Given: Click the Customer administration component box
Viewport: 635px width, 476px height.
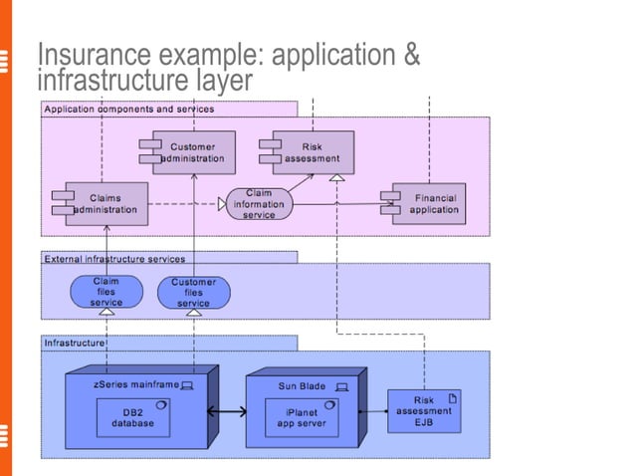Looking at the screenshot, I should point(193,152).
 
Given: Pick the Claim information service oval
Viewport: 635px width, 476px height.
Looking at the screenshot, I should point(259,204).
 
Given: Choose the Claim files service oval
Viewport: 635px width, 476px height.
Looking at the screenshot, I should point(106,292).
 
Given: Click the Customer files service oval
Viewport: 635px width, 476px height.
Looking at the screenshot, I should point(193,293).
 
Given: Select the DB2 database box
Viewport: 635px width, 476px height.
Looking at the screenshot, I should point(132,417).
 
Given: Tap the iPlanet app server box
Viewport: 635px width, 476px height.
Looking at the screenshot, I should point(302,417).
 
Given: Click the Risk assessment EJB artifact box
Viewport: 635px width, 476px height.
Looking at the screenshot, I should point(424,411).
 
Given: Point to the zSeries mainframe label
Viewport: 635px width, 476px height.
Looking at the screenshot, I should point(134,384).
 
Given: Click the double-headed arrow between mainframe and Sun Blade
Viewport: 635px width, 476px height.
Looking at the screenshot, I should point(227,412).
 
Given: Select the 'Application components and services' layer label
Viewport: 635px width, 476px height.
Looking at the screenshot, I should point(128,109).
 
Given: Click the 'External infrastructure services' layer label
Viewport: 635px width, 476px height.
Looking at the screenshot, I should point(114,258).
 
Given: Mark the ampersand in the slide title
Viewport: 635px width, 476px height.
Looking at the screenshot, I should point(410,57).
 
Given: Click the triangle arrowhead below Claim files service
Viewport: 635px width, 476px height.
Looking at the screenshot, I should point(106,313).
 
